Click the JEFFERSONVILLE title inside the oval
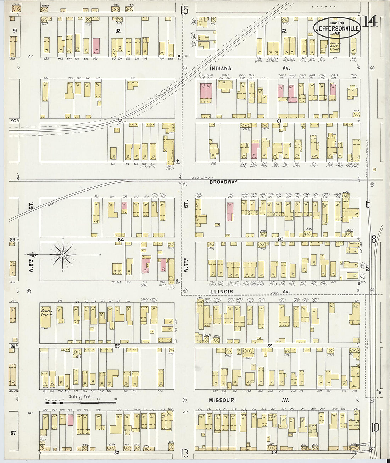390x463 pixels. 337,28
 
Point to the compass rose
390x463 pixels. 63,254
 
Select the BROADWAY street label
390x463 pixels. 223,182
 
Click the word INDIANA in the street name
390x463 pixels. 220,68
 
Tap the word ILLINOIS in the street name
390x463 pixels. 221,292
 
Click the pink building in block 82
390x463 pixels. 96,46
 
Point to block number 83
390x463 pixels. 120,121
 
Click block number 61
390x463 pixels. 279,121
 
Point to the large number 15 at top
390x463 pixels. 184,10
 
